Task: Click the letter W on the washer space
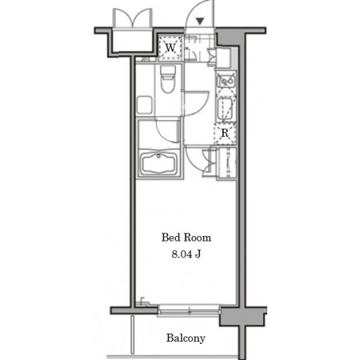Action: [170, 48]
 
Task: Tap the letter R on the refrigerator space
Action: [225, 133]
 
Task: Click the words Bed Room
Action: [186, 238]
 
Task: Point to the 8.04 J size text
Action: [186, 254]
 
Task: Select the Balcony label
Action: [186, 338]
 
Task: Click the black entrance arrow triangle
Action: [200, 21]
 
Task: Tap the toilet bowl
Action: [168, 79]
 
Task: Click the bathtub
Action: [159, 163]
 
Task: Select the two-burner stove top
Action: [226, 80]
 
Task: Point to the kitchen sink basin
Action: [225, 109]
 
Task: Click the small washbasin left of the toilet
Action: [145, 105]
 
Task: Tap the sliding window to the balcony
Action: [189, 310]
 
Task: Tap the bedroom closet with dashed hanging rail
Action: [227, 162]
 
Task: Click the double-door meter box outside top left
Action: [133, 18]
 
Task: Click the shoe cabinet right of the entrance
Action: [223, 58]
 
